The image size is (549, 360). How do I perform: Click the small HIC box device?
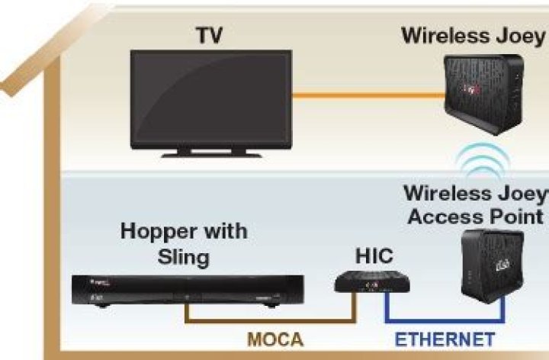(372, 284)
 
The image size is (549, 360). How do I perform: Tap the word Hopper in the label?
(157, 231)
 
